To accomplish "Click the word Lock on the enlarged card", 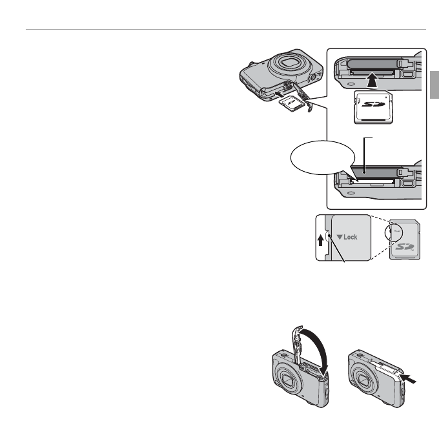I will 351,237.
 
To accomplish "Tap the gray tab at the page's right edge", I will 434,86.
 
